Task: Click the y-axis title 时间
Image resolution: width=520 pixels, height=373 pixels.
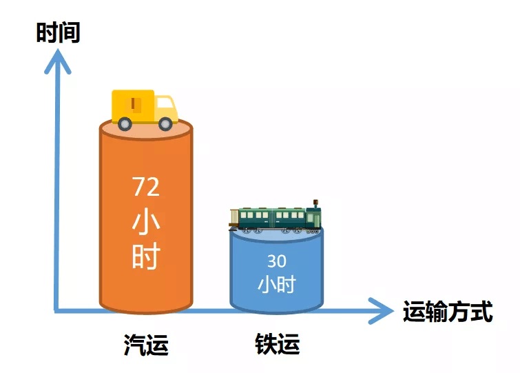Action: (x=58, y=32)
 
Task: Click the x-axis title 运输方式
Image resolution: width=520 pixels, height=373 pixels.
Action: (x=448, y=311)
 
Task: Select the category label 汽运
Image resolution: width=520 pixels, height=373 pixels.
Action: (x=146, y=345)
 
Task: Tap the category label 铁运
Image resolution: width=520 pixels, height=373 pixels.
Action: (x=278, y=344)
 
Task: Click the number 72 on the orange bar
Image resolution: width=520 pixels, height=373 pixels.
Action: (x=146, y=186)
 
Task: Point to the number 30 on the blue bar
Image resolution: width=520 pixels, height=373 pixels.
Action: (x=277, y=261)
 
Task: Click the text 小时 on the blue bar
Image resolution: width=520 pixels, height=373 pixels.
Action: (x=277, y=284)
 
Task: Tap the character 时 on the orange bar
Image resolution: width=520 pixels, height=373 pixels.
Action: (x=146, y=256)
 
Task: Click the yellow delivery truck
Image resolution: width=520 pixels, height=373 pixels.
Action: (x=145, y=110)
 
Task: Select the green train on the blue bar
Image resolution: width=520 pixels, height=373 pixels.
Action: (x=275, y=217)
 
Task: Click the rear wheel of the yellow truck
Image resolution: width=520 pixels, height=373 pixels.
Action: (x=125, y=124)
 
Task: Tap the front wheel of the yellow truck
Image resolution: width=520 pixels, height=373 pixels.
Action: (x=165, y=124)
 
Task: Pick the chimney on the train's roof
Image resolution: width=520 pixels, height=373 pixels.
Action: (x=315, y=203)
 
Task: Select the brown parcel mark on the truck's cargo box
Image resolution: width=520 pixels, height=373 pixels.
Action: (x=134, y=103)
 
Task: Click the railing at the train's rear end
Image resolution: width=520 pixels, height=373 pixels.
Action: (x=233, y=217)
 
